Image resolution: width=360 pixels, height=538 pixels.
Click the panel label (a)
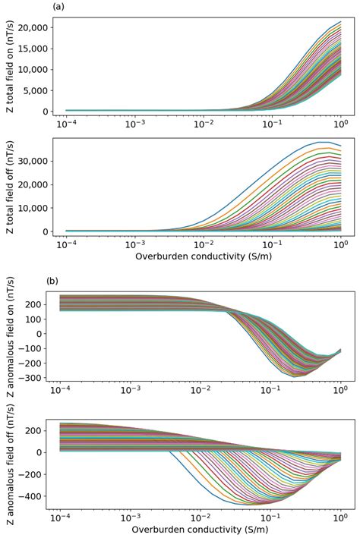(x=58, y=7)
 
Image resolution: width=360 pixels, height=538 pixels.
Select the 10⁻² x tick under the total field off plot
(x=203, y=244)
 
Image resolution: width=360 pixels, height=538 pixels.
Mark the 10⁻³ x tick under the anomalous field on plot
(x=134, y=389)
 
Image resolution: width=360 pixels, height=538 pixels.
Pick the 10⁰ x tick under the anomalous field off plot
(x=340, y=517)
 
